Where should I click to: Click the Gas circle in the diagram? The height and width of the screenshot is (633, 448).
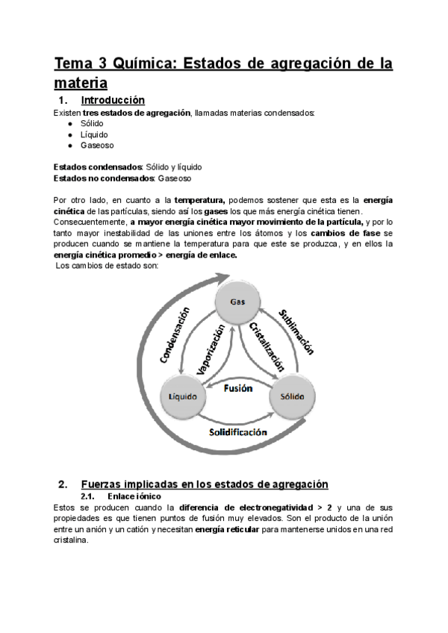click(237, 302)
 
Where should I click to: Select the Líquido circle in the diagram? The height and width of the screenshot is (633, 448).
click(182, 395)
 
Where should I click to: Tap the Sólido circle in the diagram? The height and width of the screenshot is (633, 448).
click(292, 395)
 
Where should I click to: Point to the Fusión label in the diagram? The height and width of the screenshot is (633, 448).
click(238, 388)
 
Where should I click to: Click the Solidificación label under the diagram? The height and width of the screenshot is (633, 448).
click(238, 432)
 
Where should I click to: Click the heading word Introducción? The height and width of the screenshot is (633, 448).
click(112, 100)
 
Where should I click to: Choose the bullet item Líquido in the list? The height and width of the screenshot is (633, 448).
click(93, 134)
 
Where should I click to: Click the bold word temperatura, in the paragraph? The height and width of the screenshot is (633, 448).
click(199, 200)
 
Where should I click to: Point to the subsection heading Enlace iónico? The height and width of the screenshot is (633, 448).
click(134, 496)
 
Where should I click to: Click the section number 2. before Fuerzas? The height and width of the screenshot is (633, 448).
click(63, 484)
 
